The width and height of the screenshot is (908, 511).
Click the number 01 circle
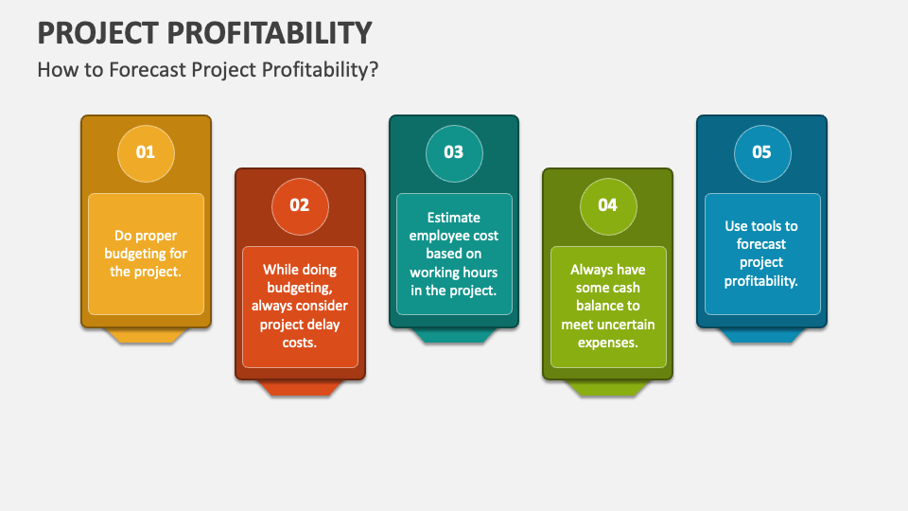146,151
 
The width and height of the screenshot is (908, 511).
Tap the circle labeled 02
300,204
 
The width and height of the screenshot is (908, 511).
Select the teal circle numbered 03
454,151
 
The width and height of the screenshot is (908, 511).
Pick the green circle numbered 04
607,204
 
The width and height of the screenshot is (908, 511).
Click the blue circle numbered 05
761,151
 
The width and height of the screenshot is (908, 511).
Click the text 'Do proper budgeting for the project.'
146,254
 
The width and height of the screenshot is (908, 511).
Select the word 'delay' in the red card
319,325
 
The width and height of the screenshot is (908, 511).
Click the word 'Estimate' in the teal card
454,218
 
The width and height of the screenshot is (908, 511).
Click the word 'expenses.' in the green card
607,343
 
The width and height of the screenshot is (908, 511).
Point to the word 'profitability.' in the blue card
761,280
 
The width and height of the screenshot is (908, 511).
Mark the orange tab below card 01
146,336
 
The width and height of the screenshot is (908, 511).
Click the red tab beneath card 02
300,388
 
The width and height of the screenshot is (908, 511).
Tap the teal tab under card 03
454,336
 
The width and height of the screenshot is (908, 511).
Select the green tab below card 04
607,388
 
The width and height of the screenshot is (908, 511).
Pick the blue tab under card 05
761,336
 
